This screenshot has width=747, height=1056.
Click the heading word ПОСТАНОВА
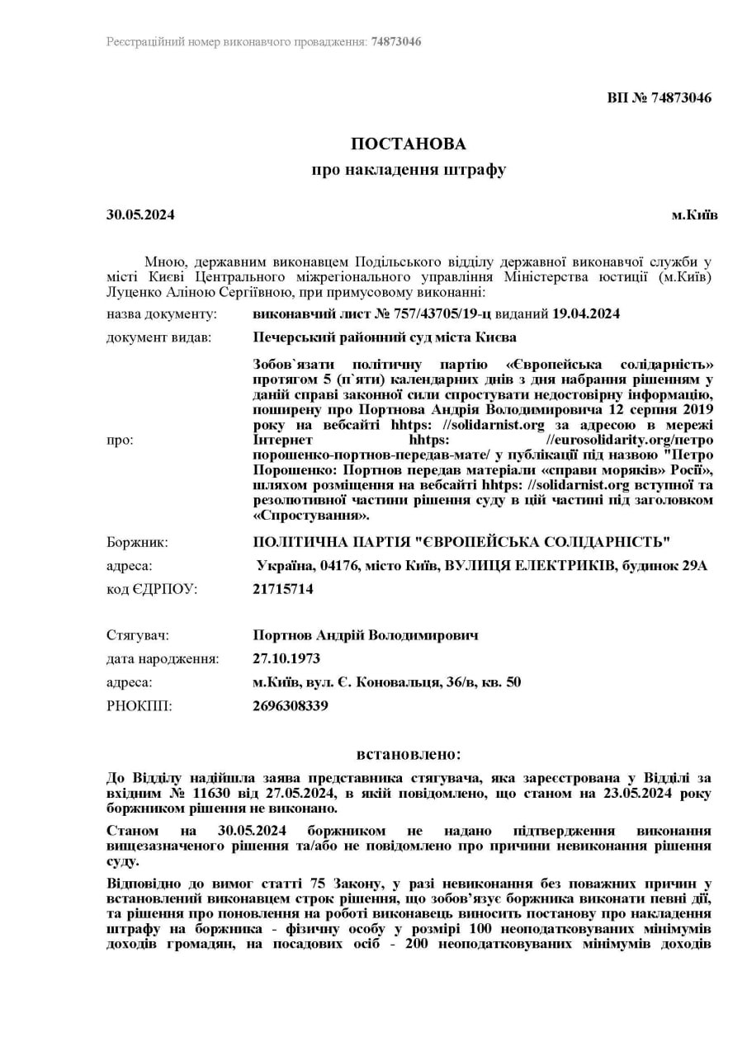(408, 144)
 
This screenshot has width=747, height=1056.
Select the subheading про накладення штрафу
(408, 170)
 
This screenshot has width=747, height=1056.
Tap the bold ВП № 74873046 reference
(659, 97)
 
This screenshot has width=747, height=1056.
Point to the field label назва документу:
(162, 314)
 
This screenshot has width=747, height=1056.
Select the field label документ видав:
(158, 337)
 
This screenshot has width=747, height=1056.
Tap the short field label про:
(120, 440)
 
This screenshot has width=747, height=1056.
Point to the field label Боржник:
(137, 542)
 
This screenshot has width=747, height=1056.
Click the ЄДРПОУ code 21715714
(283, 589)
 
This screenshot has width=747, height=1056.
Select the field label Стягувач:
(137, 635)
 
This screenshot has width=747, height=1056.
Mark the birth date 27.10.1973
(286, 658)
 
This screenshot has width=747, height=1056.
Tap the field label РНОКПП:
(139, 705)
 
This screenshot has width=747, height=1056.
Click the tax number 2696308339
(291, 705)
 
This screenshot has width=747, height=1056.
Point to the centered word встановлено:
(409, 754)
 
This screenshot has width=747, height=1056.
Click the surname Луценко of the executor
(132, 292)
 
